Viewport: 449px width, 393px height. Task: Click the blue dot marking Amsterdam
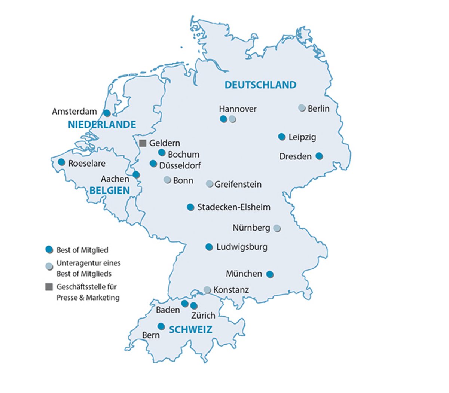107,113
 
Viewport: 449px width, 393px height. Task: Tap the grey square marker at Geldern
143,143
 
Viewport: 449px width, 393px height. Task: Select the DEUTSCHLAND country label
260,85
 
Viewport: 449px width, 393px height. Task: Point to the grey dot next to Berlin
302,108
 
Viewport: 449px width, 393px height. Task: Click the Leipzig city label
302,137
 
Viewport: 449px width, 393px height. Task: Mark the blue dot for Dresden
319,156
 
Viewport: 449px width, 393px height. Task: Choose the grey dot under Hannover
232,119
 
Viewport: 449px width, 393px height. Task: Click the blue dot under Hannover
223,119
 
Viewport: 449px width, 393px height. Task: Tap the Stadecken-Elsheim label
233,207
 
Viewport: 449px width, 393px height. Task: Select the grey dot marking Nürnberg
277,228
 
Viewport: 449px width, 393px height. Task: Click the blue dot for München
269,274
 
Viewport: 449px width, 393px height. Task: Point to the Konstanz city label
231,290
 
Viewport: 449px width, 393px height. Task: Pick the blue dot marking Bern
161,326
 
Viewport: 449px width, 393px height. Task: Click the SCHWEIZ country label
190,330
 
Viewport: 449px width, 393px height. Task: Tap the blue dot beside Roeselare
61,162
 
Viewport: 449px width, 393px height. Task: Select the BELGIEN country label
109,191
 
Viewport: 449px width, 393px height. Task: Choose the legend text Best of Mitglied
82,250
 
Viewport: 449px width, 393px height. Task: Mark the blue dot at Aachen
136,174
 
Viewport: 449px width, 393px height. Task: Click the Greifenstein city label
238,184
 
